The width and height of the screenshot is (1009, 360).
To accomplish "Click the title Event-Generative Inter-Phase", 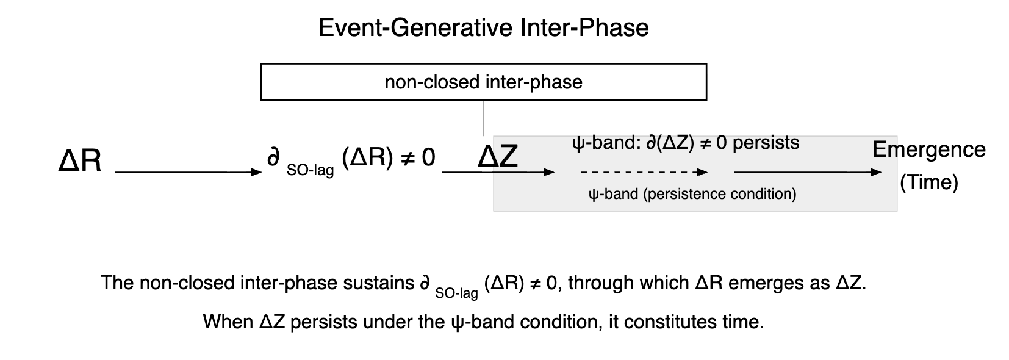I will click(483, 28).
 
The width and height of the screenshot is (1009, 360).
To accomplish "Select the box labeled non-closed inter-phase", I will click(483, 82).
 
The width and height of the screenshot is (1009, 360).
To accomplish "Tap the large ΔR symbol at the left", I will click(80, 161).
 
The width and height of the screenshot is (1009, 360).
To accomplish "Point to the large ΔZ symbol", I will click(498, 157).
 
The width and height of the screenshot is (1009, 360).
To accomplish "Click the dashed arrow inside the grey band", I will click(644, 172).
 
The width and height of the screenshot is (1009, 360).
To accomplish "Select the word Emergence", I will click(928, 149).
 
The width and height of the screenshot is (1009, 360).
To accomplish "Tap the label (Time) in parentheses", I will click(928, 182).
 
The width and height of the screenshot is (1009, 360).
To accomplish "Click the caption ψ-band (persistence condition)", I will click(692, 194).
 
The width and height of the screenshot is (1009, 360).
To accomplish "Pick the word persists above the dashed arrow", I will click(766, 143).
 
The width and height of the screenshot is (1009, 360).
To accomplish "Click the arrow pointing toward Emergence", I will click(808, 172).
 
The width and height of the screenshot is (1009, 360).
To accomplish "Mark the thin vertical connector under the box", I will click(484, 118).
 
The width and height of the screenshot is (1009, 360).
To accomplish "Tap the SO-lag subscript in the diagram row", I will click(310, 170).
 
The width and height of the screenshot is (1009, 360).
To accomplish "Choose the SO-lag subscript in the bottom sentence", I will click(456, 293).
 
